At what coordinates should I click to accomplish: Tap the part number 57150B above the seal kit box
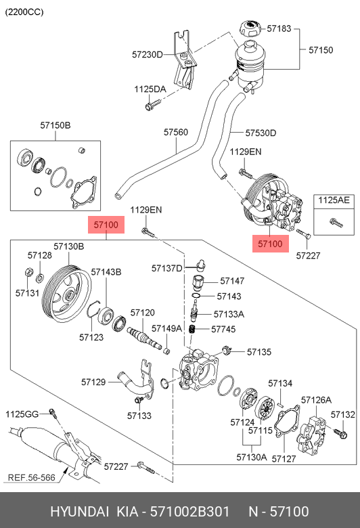[55, 125]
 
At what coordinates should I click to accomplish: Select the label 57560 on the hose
[176, 132]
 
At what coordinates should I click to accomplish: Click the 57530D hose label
[261, 133]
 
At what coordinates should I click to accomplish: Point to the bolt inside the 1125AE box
[336, 222]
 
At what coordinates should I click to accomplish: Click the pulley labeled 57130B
[68, 294]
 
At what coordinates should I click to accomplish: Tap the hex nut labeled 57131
[29, 271]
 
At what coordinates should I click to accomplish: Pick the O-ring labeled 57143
[196, 296]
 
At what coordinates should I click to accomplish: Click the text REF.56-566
[31, 477]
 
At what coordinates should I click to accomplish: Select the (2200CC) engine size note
[24, 12]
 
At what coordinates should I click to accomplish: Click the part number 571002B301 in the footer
[189, 512]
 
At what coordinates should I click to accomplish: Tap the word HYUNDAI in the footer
[80, 512]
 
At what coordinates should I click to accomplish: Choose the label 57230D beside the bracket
[147, 54]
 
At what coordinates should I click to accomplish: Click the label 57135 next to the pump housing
[259, 352]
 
